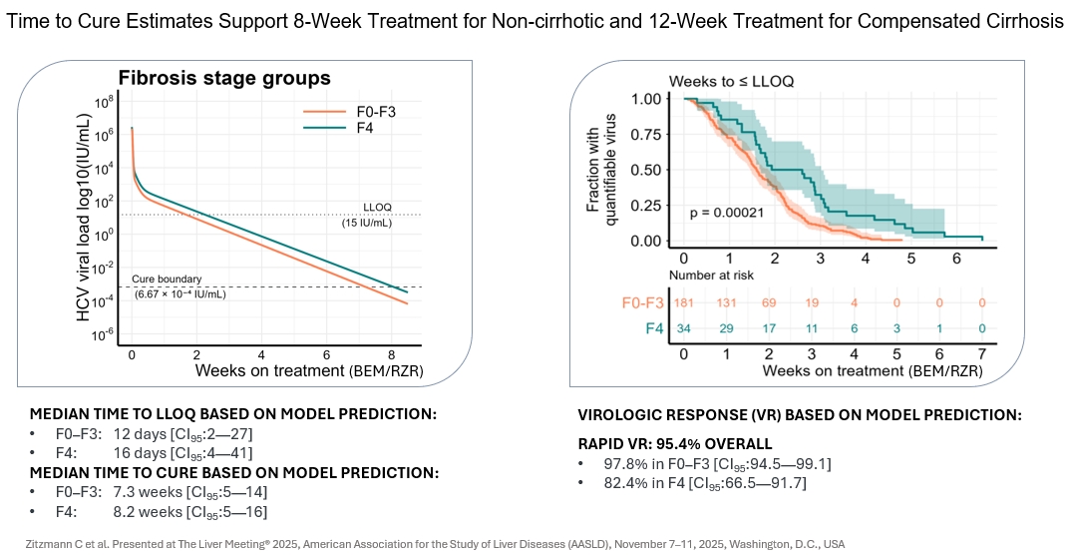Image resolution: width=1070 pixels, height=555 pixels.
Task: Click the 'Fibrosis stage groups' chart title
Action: [x=224, y=79]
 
